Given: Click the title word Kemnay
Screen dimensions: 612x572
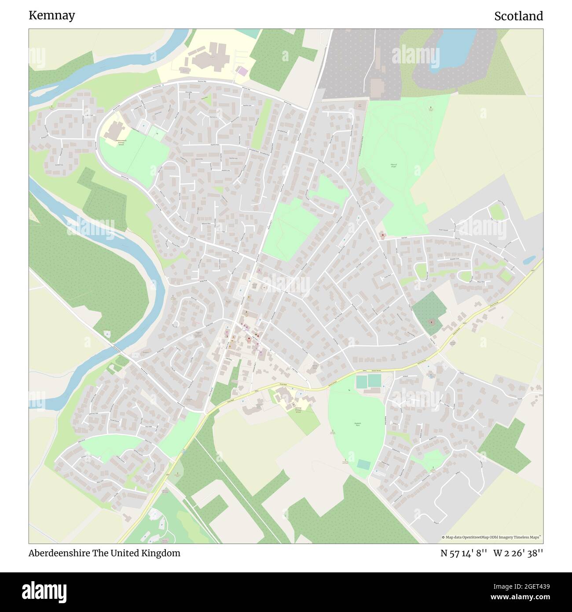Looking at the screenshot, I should [x=51, y=15].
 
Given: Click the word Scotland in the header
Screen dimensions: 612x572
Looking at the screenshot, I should [x=518, y=16].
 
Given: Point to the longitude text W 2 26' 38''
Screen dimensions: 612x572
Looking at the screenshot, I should [x=518, y=553].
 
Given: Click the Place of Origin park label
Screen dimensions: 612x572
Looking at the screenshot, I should [x=393, y=166].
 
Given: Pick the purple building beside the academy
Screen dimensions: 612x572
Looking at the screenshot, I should [x=242, y=70].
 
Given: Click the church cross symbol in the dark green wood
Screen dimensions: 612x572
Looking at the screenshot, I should [x=431, y=322].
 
